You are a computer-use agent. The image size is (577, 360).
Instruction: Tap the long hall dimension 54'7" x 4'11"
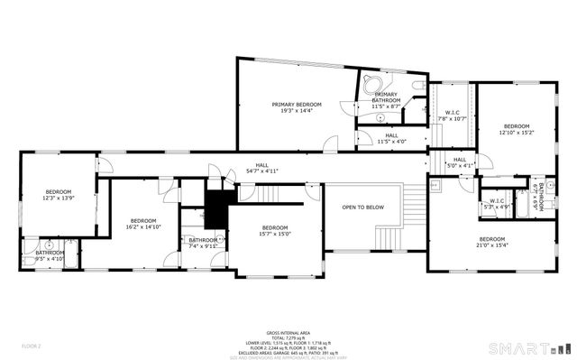point(261,170)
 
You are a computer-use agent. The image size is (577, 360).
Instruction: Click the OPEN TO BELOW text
point(362,207)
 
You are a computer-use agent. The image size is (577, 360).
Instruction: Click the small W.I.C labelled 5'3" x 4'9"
point(496,204)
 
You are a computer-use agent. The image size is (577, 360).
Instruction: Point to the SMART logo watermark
point(528,347)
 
